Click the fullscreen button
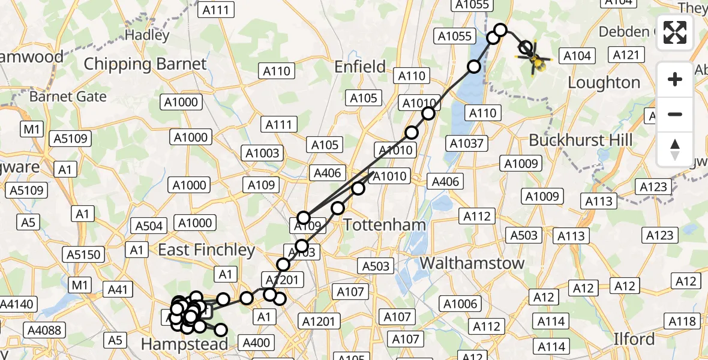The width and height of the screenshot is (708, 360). point(675,32)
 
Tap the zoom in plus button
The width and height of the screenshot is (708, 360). point(675,79)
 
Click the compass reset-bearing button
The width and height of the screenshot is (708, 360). point(675,149)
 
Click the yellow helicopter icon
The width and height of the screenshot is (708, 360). point(536,61)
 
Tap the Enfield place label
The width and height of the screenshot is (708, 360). point(360,67)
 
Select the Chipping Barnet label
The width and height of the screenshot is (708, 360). point(145,64)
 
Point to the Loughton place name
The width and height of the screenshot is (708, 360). point(604,83)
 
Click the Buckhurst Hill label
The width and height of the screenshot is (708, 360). point(580,140)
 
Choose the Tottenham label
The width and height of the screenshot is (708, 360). point(385,225)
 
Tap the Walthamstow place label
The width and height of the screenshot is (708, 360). point(472,263)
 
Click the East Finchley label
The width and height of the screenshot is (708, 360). point(206,250)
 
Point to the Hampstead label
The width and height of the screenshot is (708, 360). point(184,344)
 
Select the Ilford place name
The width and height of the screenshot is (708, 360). point(634,339)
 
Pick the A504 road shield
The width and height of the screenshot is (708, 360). point(149,226)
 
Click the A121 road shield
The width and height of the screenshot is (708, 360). point(626,55)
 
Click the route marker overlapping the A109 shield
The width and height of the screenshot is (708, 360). point(304,218)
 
